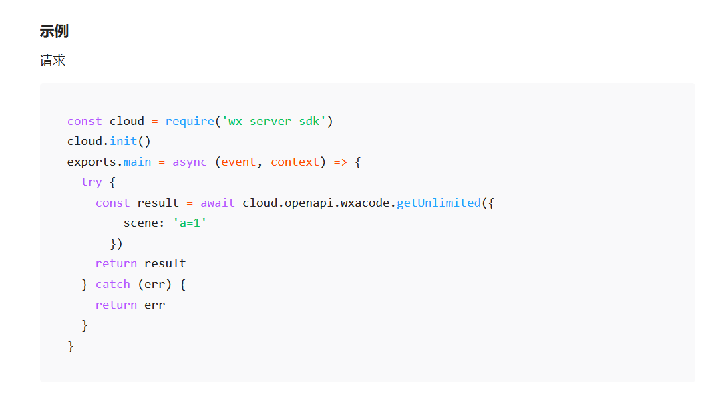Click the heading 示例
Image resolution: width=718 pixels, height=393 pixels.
[x=54, y=31]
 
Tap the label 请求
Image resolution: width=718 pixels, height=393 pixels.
[x=53, y=61]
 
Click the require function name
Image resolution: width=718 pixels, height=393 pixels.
[x=190, y=121]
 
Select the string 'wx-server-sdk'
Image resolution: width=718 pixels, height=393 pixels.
[x=273, y=121]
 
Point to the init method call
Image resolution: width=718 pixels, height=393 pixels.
[x=124, y=142]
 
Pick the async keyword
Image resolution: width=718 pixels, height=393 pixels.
[x=190, y=162]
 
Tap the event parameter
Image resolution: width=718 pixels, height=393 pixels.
[x=238, y=162]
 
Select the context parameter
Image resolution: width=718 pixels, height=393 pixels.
[x=295, y=162]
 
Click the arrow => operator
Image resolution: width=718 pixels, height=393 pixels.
[x=340, y=162]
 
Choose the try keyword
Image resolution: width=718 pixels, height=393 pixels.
[x=92, y=182]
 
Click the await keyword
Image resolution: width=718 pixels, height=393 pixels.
[x=218, y=203]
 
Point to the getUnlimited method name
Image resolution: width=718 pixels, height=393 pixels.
[x=439, y=203]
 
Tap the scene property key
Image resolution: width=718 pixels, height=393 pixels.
[x=140, y=223]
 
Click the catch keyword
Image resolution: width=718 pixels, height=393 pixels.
[x=112, y=284]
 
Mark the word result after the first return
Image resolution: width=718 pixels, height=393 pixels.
[x=165, y=263]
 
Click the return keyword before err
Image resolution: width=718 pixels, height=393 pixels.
[x=116, y=305]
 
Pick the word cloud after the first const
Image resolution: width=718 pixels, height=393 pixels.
[x=127, y=121]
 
